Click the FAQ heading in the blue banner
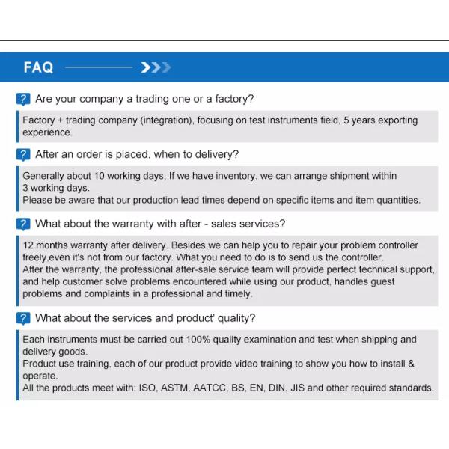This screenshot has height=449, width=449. click(38, 67)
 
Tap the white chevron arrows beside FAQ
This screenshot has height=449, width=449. click(156, 67)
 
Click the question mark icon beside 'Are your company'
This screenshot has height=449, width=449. click(24, 99)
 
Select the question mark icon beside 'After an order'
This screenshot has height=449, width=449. click(24, 155)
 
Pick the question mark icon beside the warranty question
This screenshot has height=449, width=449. click(24, 224)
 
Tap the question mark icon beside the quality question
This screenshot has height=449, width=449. click(24, 318)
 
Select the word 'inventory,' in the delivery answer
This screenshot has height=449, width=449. click(234, 176)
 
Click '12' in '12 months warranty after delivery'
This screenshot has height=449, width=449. click(28, 245)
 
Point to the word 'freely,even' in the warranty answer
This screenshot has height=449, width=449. click(48, 257)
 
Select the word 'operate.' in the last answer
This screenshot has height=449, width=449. click(40, 376)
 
